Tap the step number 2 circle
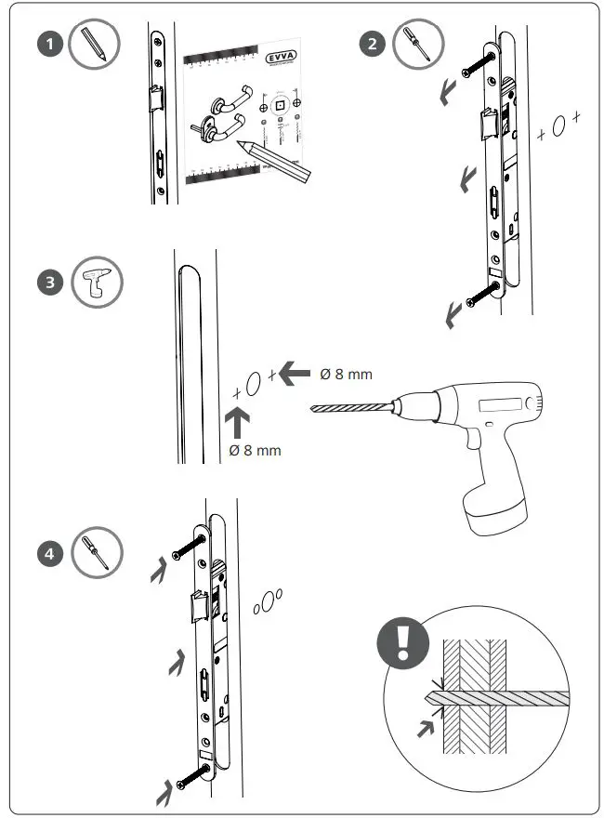[373, 45]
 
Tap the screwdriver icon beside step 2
[418, 45]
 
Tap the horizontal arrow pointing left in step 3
[295, 374]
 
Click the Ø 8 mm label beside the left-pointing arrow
[346, 374]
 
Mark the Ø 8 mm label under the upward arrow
[255, 451]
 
